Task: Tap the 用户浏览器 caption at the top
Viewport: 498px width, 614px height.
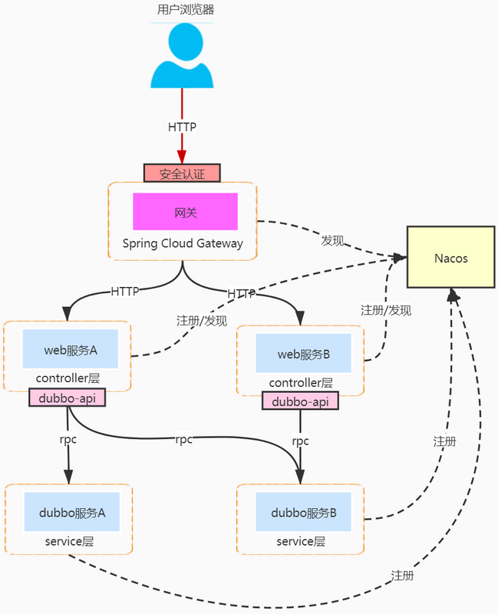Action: tap(182, 10)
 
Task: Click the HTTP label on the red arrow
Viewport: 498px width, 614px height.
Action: tap(182, 127)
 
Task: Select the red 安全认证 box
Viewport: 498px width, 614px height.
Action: tap(182, 173)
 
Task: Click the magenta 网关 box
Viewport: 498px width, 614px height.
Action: tap(185, 212)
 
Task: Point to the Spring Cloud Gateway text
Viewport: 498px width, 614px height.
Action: tap(183, 243)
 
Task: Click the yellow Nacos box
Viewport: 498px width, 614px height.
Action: tap(450, 257)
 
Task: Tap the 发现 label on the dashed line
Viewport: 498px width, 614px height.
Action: tap(332, 240)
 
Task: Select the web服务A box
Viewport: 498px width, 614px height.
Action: tap(70, 350)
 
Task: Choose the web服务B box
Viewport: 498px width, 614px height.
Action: tap(303, 354)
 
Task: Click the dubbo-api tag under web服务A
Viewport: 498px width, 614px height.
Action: tap(67, 398)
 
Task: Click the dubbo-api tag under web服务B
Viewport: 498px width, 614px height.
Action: tap(300, 401)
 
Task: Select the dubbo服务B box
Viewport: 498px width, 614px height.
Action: tap(304, 512)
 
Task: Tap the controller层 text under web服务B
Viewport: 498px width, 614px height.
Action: tap(301, 382)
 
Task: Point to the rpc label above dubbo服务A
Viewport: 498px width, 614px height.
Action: tap(68, 440)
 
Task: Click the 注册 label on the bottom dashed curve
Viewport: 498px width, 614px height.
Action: tap(402, 575)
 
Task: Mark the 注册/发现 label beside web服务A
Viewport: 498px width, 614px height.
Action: tap(202, 321)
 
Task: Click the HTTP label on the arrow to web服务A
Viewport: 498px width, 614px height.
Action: tap(125, 292)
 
